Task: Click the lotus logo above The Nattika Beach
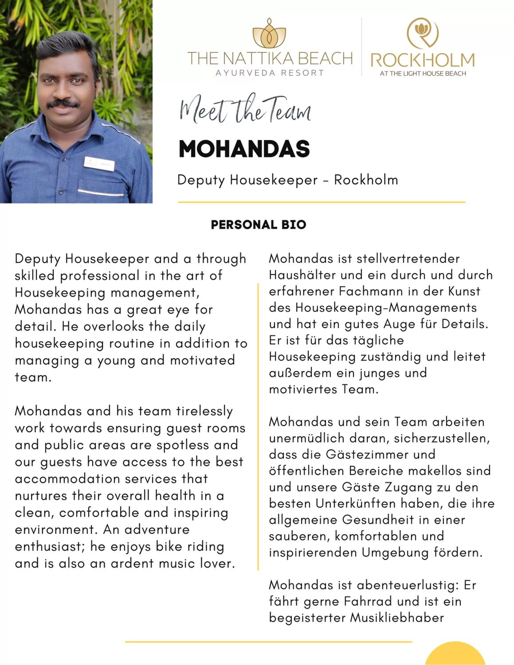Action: (269, 33)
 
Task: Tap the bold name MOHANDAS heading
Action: (244, 149)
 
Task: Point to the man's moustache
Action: (63, 104)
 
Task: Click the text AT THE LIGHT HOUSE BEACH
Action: (423, 73)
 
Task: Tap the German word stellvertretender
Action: (408, 259)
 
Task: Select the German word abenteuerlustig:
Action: (408, 585)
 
